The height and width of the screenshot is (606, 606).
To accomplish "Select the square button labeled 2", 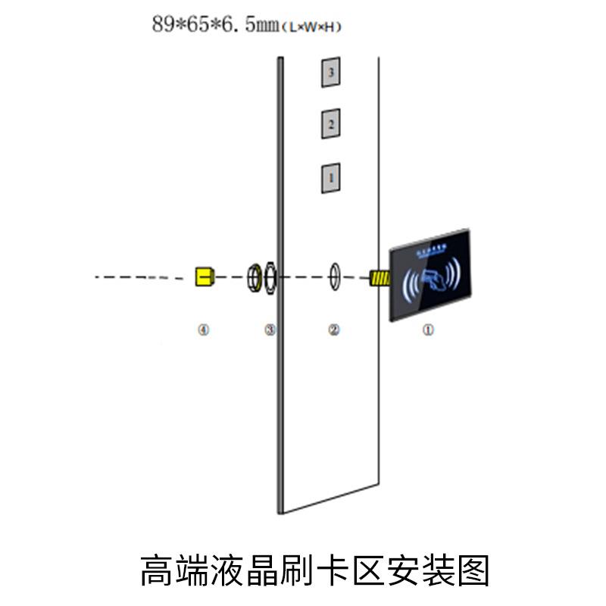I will point(330,123).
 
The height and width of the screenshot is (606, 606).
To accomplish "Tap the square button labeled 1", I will point(330,177).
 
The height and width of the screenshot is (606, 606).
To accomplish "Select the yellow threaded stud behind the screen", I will point(379,277).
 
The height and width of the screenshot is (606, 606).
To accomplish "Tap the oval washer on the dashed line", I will point(334,276).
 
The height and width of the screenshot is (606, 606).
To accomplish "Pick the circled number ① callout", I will point(428,330).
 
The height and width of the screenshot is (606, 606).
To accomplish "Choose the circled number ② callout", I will point(333,330).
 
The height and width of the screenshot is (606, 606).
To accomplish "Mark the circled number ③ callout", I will point(270,330).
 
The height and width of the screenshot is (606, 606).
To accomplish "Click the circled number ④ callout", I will point(202,330).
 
